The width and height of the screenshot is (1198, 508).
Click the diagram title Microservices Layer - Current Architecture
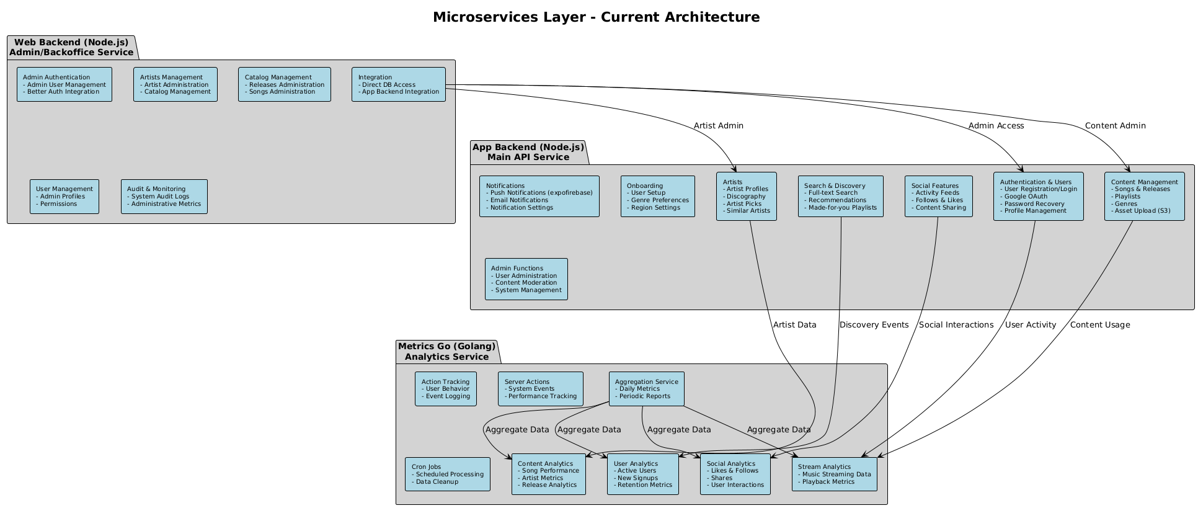(x=596, y=17)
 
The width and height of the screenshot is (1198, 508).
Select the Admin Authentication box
(x=64, y=84)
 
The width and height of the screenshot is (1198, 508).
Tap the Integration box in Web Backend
(x=399, y=84)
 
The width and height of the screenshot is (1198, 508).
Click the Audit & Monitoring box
(x=164, y=197)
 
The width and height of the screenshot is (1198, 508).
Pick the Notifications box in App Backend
(x=539, y=197)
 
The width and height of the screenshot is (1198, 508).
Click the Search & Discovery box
(x=841, y=197)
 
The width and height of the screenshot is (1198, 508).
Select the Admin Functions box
(x=526, y=279)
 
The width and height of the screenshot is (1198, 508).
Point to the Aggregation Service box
(x=647, y=389)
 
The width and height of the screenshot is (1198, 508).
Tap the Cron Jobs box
(x=448, y=475)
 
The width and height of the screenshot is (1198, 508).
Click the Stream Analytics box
(x=835, y=475)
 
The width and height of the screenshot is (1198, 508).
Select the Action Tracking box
(x=446, y=389)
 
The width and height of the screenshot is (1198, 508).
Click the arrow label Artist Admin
(x=718, y=126)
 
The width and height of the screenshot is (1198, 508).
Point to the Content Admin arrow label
(x=1115, y=126)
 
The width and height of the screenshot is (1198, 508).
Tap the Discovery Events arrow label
(x=874, y=325)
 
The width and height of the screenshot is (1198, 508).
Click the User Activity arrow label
(x=1030, y=325)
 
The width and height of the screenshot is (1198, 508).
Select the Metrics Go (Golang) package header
(x=447, y=351)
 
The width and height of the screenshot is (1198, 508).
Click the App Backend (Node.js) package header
(x=528, y=152)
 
